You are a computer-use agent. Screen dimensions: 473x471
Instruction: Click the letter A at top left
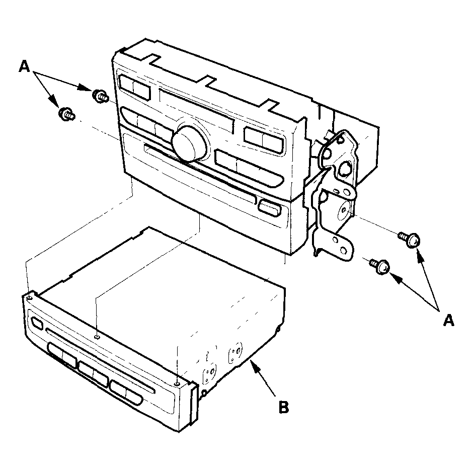25,66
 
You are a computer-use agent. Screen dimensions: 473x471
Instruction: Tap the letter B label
284,407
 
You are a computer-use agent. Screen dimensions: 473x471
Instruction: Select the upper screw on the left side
100,96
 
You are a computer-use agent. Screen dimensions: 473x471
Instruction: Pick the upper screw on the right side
410,240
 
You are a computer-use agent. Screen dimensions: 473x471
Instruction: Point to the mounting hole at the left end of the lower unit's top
29,297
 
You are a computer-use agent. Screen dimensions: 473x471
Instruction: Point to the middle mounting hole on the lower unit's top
97,337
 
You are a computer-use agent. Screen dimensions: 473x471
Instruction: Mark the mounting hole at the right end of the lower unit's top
177,384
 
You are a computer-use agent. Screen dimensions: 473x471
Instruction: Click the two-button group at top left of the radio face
134,88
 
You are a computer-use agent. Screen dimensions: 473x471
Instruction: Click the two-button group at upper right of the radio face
264,140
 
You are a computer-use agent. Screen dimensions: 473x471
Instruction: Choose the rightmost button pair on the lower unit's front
126,392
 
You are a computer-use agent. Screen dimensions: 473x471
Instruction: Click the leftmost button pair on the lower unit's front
62,355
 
